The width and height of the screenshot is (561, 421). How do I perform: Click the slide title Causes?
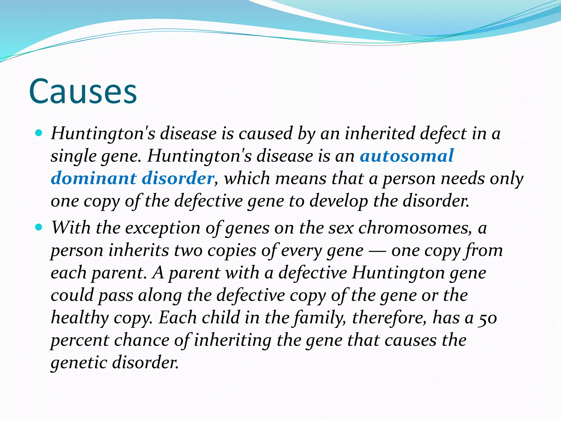click(83, 92)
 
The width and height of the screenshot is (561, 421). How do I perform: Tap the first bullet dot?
click(39, 133)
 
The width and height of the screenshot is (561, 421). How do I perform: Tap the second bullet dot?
click(39, 227)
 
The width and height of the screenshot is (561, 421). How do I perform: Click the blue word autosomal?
click(407, 156)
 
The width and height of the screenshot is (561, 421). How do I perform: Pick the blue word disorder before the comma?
click(178, 178)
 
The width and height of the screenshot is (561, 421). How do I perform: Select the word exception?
click(163, 228)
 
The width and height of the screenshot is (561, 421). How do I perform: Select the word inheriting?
click(233, 340)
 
